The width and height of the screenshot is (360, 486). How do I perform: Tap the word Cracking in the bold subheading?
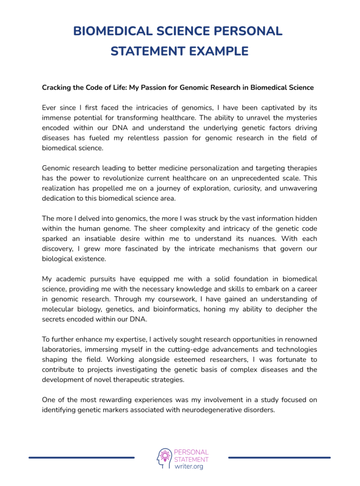click(56, 88)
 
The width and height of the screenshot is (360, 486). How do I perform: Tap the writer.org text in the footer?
click(189, 467)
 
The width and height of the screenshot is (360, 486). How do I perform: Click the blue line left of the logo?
click(82, 458)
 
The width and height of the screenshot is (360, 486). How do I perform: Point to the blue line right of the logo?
click(279, 458)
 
